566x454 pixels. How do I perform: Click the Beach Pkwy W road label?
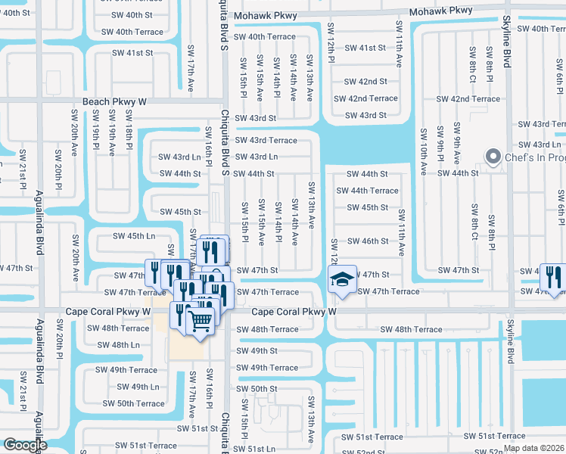coord(114,101)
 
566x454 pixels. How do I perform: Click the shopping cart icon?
coord(201,320)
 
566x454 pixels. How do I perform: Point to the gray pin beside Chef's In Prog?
coord(493,157)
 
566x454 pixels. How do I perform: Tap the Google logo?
coord(24,445)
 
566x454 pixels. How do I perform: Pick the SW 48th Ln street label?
coord(114,344)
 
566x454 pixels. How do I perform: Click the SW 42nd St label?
coord(365,81)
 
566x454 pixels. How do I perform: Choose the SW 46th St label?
coord(367,241)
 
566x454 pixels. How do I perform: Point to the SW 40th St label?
coord(129,15)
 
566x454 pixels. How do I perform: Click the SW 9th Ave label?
coord(457,141)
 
